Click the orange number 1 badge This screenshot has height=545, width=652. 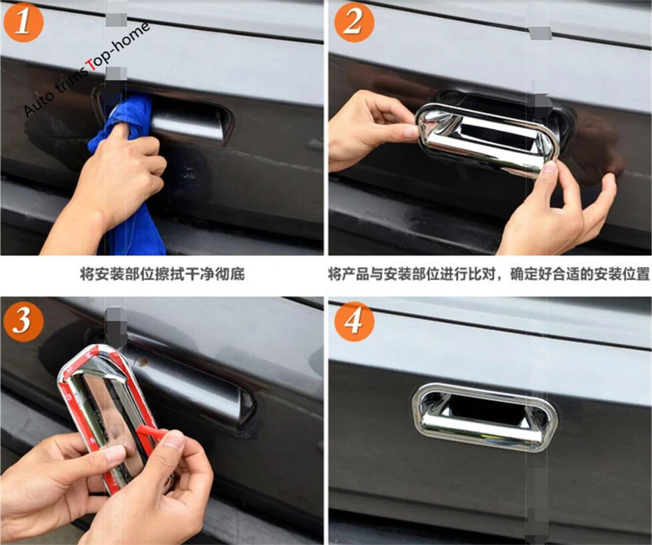(x=24, y=22)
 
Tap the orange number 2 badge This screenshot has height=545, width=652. (x=354, y=22)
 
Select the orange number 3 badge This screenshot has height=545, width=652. (x=24, y=321)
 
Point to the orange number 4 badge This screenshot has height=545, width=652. (x=354, y=321)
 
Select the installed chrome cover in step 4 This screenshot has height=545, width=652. (x=484, y=416)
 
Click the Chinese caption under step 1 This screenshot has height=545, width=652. (x=162, y=274)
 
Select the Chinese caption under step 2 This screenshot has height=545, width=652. (x=488, y=274)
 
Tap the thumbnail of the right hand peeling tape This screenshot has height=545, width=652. (x=174, y=439)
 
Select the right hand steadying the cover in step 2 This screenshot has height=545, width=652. (x=557, y=212)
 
